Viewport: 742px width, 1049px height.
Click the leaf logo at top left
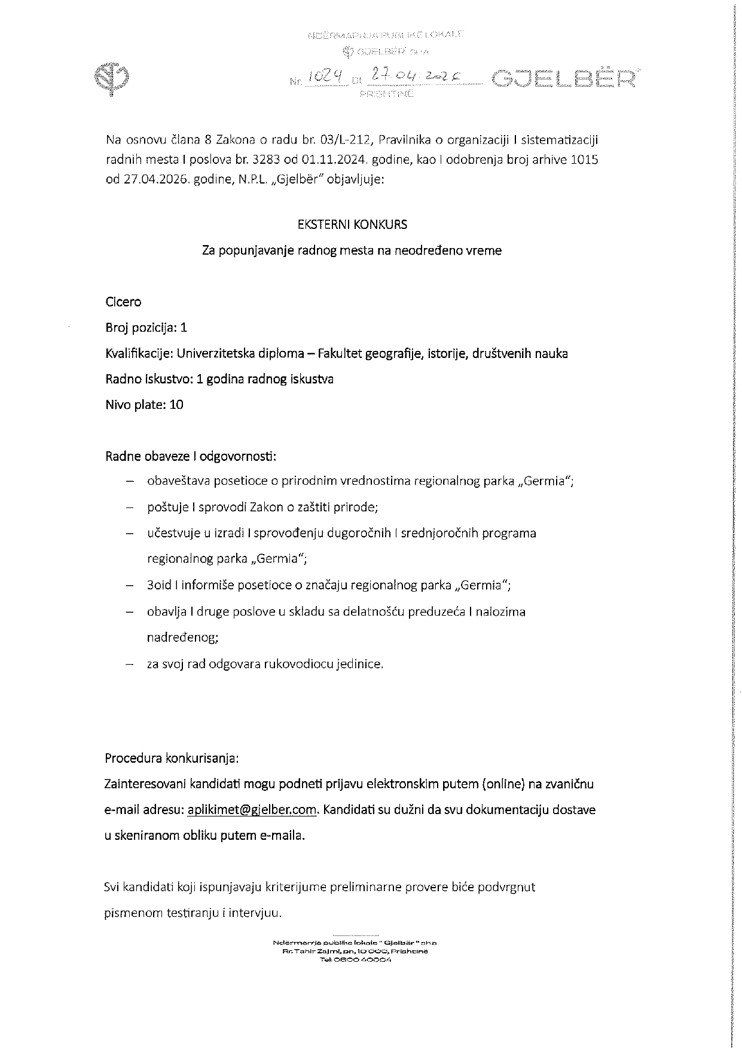click(113, 78)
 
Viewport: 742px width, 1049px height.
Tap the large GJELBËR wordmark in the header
click(563, 78)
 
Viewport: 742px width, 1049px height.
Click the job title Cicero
click(123, 302)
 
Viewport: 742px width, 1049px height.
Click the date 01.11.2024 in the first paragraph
click(335, 160)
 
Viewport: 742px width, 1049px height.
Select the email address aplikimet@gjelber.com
click(252, 810)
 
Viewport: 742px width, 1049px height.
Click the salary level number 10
click(176, 405)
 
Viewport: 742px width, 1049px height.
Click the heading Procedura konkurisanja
click(172, 759)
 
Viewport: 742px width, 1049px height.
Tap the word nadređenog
click(183, 637)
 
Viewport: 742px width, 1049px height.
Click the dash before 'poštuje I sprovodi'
click(129, 507)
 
